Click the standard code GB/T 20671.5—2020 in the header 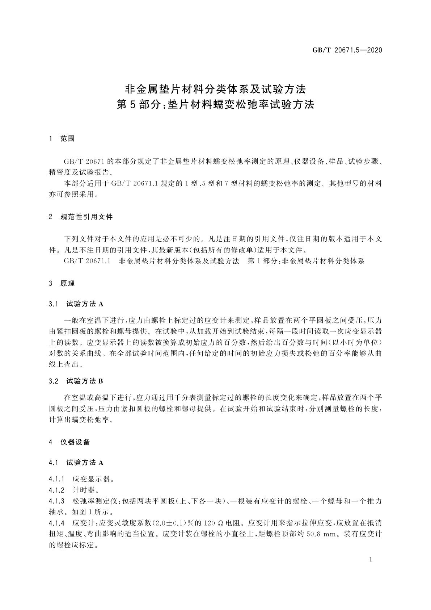pos(347,50)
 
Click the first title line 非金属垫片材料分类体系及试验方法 pos(215,89)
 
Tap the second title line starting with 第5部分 pos(215,105)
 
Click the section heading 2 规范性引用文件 pos(81,217)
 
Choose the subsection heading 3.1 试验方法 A pos(76,304)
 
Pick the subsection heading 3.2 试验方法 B pos(76,381)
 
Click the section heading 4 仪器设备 pos(69,442)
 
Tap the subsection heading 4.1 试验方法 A pos(76,463)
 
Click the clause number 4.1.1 pos(57,479)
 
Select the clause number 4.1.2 pos(57,490)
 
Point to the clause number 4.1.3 pos(57,501)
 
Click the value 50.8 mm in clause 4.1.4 pos(321,534)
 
